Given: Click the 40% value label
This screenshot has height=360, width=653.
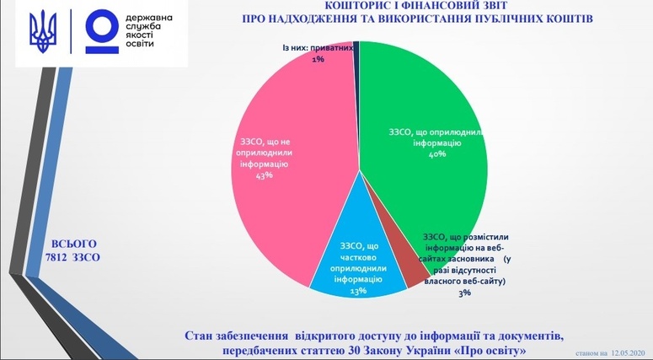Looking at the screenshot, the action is pyautogui.click(x=437, y=153).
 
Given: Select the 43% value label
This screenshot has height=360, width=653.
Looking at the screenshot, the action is pyautogui.click(x=265, y=175).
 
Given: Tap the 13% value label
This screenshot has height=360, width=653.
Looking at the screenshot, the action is pyautogui.click(x=358, y=290).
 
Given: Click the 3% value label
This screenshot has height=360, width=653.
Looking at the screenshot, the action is pyautogui.click(x=464, y=293).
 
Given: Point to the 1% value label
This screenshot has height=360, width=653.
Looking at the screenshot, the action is pyautogui.click(x=318, y=59).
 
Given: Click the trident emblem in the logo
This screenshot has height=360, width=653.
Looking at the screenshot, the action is pyautogui.click(x=43, y=32).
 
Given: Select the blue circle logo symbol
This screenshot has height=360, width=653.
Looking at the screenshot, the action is pyautogui.click(x=103, y=32).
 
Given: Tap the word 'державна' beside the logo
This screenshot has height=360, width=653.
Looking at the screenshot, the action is pyautogui.click(x=148, y=19).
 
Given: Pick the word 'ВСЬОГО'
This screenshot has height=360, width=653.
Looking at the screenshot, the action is pyautogui.click(x=73, y=244).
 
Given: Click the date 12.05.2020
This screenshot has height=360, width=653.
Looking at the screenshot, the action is pyautogui.click(x=629, y=353).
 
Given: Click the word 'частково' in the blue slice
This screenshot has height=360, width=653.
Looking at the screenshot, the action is pyautogui.click(x=358, y=257).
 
